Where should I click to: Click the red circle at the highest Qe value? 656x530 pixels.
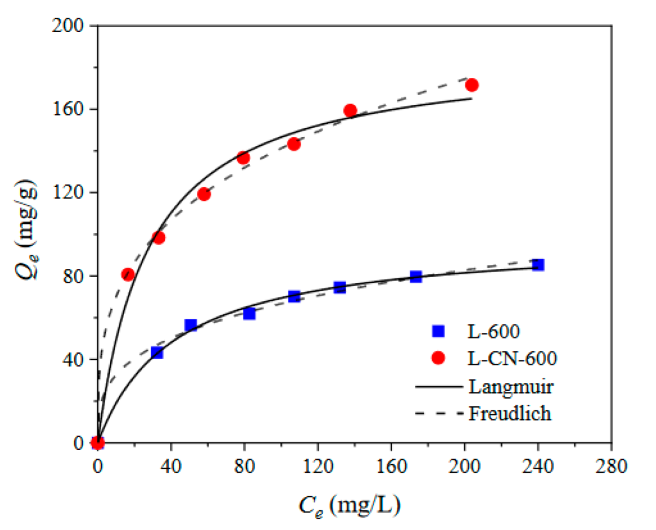[472, 85]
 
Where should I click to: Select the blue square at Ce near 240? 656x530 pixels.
[538, 265]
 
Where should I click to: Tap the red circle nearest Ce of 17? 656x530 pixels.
[128, 275]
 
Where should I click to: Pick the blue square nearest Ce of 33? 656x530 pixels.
[157, 353]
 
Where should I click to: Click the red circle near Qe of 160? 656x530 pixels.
[350, 110]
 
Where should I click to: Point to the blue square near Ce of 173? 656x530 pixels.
[416, 277]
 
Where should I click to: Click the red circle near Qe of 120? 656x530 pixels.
[204, 194]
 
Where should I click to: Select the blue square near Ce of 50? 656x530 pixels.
[191, 325]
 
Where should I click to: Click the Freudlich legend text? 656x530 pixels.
[509, 413]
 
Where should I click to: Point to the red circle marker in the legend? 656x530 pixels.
[438, 358]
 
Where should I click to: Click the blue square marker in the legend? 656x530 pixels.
[438, 331]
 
